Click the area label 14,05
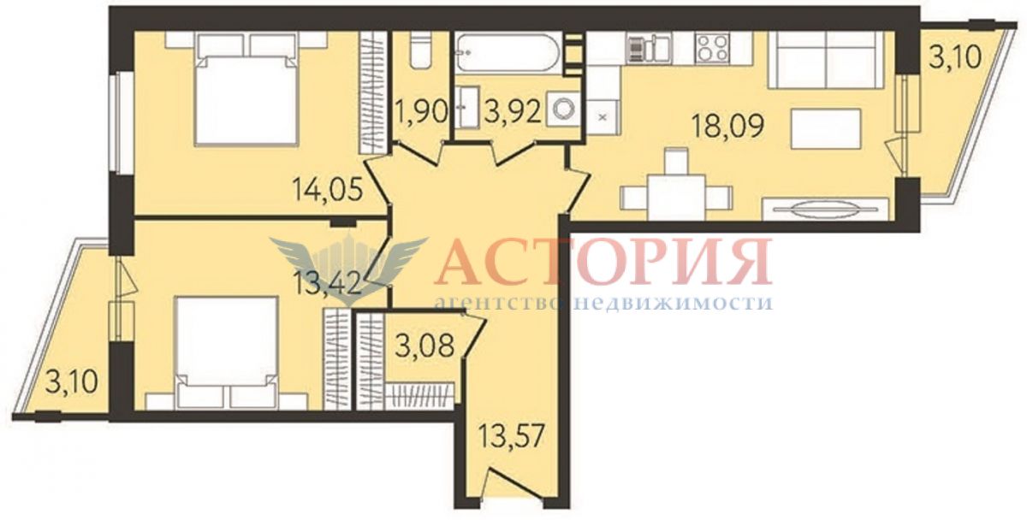328,190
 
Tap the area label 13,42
326,283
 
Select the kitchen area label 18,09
727,126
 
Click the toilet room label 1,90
422,112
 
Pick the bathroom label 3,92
513,112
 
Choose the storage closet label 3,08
425,346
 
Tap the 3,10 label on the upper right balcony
955,56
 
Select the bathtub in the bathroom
508,53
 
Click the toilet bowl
421,50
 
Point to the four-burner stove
712,48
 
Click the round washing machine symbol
562,109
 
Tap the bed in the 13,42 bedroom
227,352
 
